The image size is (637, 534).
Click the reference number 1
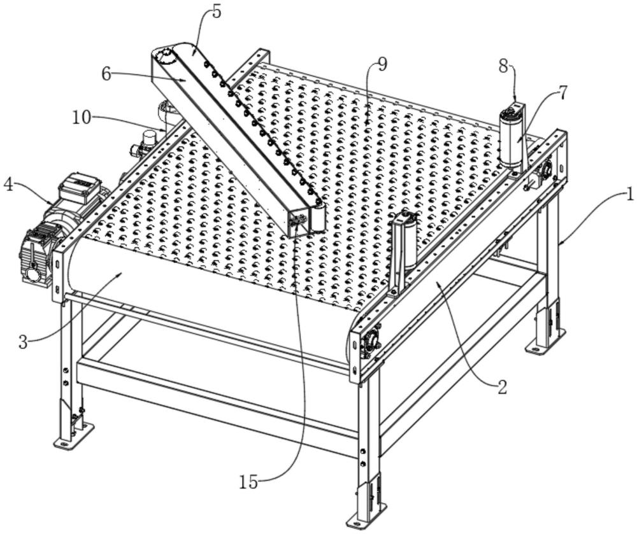coord(629,195)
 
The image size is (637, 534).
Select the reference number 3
coord(23,342)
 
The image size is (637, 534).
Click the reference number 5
coord(217,11)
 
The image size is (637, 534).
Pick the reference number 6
coord(106,74)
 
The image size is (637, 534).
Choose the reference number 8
coord(503,65)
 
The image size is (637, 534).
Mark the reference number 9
coord(382,64)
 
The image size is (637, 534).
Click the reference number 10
coord(81,117)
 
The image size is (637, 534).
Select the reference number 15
coord(250,482)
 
